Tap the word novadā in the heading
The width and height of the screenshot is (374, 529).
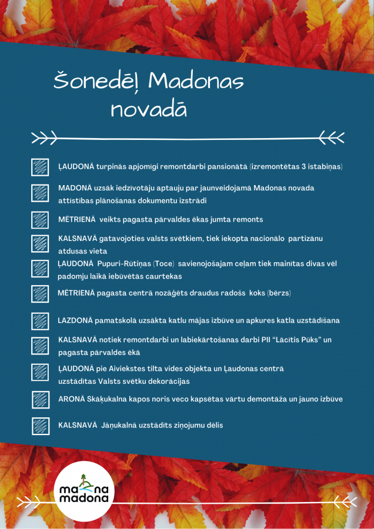click(148, 109)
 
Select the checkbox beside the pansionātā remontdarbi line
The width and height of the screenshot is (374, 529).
click(40, 167)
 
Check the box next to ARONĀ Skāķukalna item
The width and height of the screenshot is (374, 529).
click(40, 400)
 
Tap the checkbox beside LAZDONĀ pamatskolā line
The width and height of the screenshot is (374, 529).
click(40, 321)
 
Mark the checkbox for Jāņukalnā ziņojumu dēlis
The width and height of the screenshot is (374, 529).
click(40, 425)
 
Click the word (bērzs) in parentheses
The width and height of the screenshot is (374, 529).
click(279, 293)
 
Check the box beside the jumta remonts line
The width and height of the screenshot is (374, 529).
click(40, 220)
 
